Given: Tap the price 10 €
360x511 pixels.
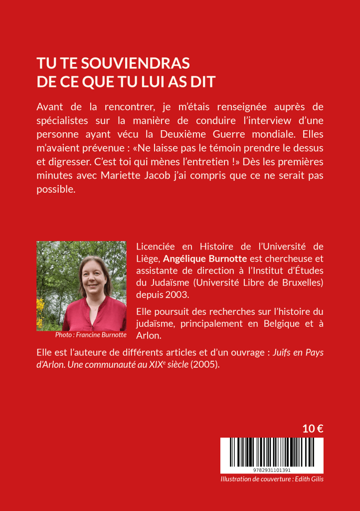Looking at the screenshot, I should click(313, 428).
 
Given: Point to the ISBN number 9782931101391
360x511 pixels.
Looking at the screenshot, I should click(272, 470).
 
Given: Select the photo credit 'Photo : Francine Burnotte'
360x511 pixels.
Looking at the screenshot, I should click(91, 335).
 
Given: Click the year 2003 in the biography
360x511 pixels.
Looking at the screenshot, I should click(177, 294).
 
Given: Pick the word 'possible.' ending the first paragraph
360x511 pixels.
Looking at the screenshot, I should click(56, 190).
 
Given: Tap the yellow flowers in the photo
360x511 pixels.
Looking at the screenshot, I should click(41, 309).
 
